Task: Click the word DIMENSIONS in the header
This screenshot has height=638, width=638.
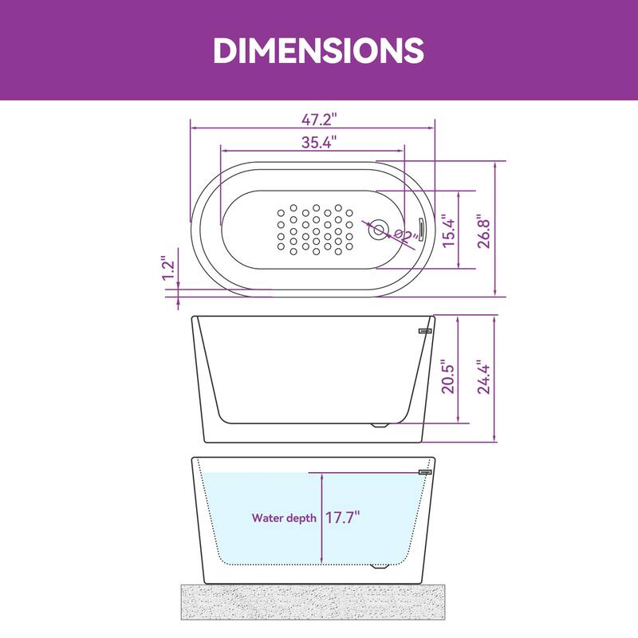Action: coord(318,50)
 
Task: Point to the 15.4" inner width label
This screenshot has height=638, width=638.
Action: coord(449,230)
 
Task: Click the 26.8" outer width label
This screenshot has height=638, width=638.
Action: coord(482,231)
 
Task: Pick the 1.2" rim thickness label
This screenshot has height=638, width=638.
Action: coord(167,268)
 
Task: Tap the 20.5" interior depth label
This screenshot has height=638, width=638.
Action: coord(448,375)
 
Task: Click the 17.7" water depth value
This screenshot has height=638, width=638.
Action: coord(342,518)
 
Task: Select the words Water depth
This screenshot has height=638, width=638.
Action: coord(284,518)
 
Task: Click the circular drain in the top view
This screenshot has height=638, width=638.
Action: coord(378,230)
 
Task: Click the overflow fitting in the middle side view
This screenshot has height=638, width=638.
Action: coord(425,328)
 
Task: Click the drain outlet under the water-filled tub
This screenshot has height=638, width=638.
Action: coord(380,567)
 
